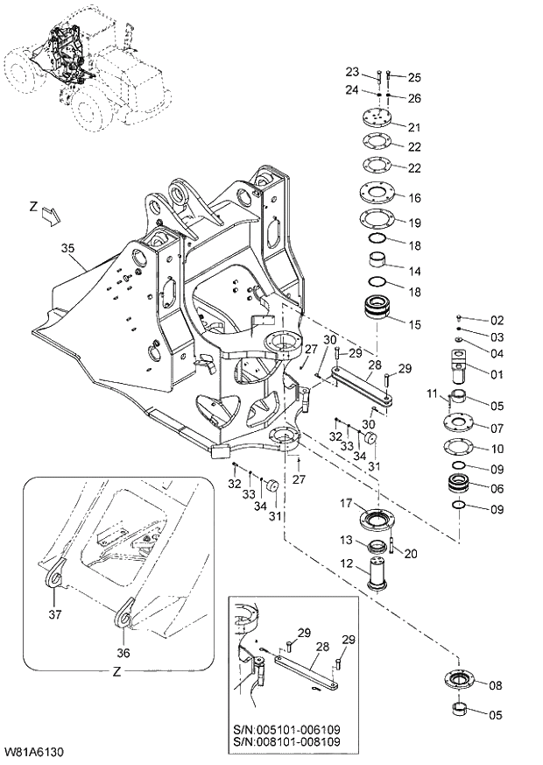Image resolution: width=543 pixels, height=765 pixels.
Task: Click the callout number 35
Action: coord(68,250)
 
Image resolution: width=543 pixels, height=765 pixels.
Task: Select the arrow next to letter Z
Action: coord(52,214)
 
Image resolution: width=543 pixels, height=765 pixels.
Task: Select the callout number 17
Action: coord(346,503)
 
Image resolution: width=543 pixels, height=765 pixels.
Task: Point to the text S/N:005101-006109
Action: coord(288,728)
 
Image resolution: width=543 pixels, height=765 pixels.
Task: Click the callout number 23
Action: coord(352,72)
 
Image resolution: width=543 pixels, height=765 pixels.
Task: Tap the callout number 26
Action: coord(414,97)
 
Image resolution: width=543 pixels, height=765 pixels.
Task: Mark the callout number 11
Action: coord(432,395)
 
